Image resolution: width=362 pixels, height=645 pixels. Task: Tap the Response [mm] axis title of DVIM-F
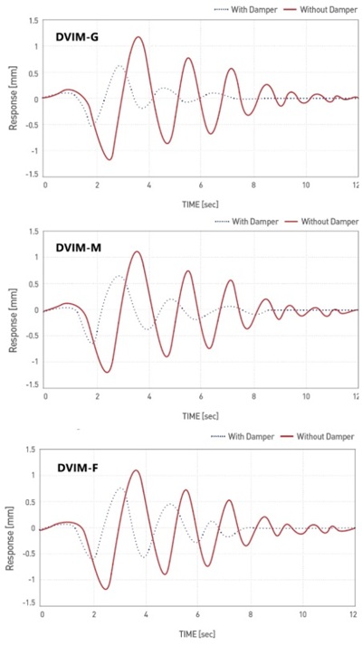click(x=13, y=526)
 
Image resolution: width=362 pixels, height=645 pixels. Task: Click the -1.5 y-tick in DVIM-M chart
click(x=30, y=385)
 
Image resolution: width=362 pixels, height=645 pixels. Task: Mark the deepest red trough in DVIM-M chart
click(x=108, y=372)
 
